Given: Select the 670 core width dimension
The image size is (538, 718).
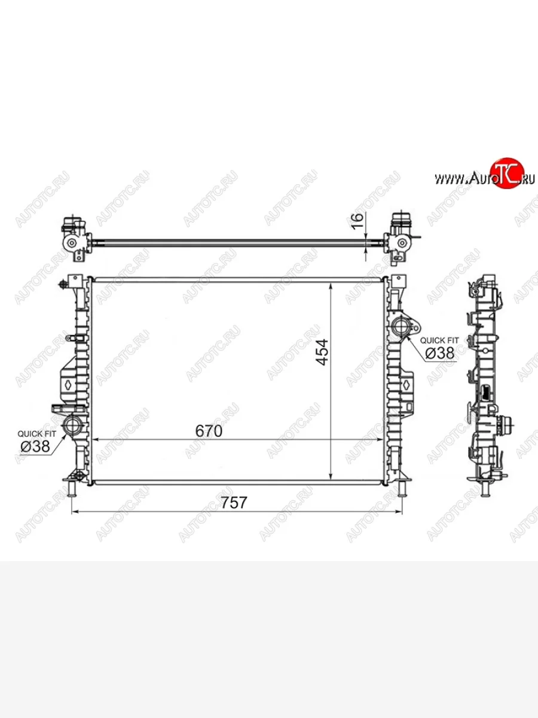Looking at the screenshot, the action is [209, 431].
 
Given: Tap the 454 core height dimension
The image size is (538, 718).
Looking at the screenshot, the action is [322, 352].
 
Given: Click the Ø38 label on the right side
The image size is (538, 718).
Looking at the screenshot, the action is [440, 353].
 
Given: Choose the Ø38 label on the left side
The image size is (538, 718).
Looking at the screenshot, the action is [35, 446].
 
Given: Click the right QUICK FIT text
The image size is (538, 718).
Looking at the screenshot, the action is [439, 340].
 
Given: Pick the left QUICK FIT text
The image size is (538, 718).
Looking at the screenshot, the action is [37, 434].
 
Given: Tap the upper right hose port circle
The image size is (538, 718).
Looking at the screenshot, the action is [401, 326].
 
